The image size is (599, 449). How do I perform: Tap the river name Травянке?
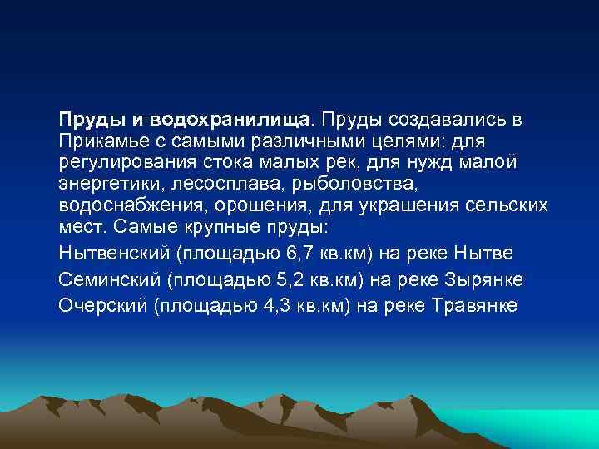point(476,305)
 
